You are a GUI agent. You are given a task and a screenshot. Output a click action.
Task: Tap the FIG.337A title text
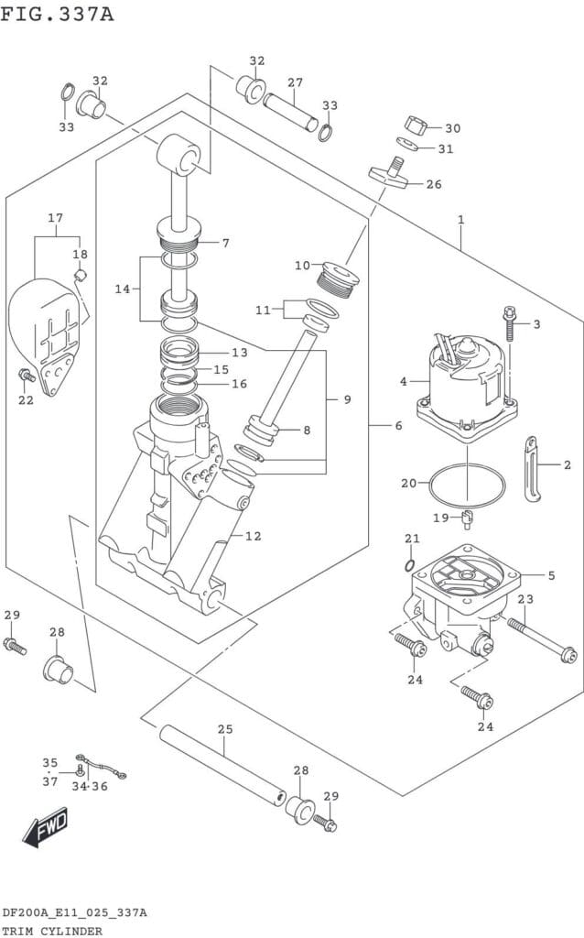pos(57,13)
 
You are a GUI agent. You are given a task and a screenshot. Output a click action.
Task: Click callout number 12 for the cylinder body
pos(254,536)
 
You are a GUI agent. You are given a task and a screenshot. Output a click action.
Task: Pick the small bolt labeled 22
pos(25,376)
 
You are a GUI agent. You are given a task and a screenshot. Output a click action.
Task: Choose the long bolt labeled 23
pos(542,640)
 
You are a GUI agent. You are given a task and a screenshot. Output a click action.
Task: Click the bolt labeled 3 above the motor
pos(509,323)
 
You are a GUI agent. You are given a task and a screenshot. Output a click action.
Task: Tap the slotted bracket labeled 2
pos(532,468)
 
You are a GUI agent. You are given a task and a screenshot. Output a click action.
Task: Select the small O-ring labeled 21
pos(410,565)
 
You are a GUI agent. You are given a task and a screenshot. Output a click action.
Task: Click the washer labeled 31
pos(407,144)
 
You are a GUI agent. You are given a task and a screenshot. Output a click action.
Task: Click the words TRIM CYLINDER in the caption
pos(51,931)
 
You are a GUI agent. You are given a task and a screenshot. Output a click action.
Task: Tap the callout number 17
pos(56,218)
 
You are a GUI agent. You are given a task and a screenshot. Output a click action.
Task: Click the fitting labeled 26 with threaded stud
pos(388,174)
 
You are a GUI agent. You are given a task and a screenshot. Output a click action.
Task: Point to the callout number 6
pos(398,426)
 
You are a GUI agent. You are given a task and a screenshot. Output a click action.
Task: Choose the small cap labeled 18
pos(81,275)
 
